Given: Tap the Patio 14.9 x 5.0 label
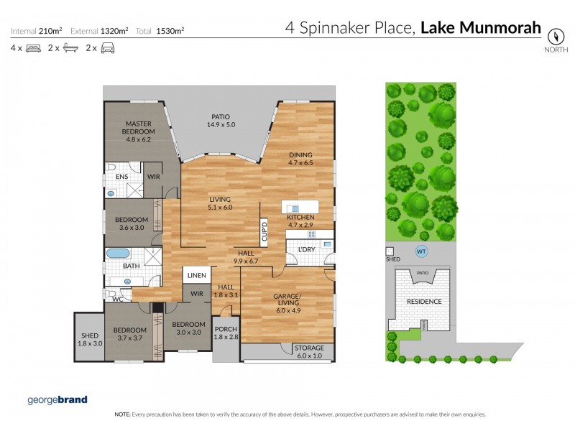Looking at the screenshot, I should pos(221,121).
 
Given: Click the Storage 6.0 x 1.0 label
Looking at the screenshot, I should pos(309,351).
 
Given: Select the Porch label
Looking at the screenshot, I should pos(226,334).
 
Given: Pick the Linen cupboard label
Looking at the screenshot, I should pos(197,275).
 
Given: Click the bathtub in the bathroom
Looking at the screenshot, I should pos(116,254).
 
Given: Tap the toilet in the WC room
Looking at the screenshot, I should pos(110,294).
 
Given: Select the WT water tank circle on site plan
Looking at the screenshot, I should pos(421,251).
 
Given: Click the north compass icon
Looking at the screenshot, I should pos(555,36).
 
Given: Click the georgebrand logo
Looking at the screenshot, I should pos(57,399).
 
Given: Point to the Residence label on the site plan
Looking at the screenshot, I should pos(423,301).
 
